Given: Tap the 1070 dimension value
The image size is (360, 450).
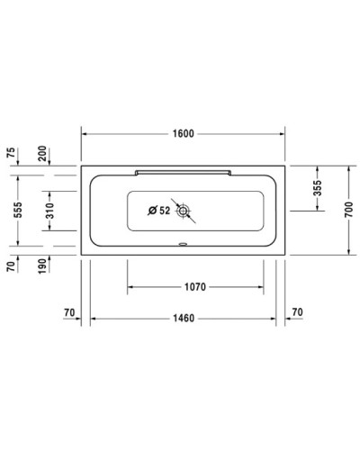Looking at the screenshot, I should click(196, 287).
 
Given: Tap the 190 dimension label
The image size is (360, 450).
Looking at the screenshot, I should click(42, 266).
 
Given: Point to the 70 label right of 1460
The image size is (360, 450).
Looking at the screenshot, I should click(298, 311).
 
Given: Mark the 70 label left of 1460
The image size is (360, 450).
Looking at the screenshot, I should click(69, 311).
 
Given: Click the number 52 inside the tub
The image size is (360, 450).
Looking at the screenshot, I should click(165, 211).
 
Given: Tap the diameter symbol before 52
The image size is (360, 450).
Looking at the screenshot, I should click(151, 211).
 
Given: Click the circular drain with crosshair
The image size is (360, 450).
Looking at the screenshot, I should click(185, 211).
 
